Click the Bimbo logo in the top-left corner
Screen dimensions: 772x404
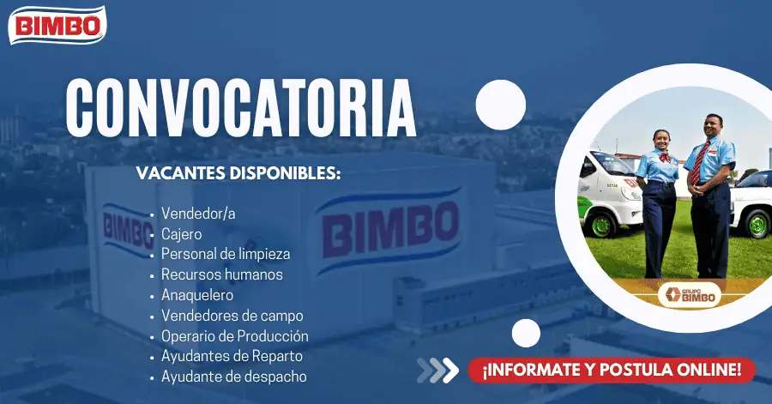[57, 25]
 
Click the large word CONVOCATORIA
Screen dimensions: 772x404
[241, 108]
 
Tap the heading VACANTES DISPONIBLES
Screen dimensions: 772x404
[238, 173]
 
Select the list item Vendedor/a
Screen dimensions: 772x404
[198, 214]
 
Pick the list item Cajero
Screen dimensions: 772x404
[181, 234]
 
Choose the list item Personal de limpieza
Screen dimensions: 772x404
[226, 255]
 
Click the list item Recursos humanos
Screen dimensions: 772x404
[222, 274]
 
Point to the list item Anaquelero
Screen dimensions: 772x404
[197, 295]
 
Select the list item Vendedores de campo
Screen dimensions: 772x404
[232, 316]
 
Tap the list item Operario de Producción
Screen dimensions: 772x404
[235, 336]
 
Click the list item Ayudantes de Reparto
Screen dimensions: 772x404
[232, 356]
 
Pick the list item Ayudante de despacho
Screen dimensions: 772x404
[234, 377]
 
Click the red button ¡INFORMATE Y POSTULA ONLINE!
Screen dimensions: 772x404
[612, 370]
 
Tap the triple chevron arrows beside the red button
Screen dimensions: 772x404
[437, 370]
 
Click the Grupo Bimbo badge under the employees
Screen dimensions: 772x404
[690, 295]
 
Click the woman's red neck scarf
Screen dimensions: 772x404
[665, 158]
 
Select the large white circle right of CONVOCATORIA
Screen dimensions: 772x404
[501, 105]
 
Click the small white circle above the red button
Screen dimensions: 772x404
[526, 333]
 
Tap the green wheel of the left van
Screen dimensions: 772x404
[600, 225]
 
